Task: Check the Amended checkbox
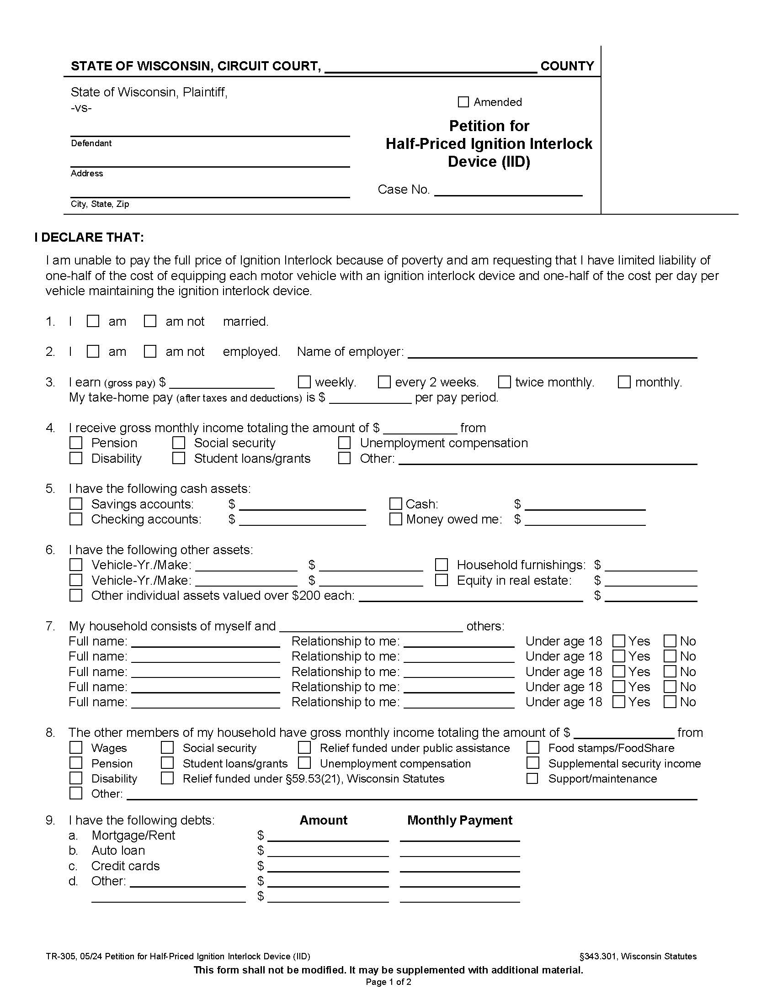463,102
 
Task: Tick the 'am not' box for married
150,321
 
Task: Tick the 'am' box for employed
93,352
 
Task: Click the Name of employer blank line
553,353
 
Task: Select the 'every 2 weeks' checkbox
384,382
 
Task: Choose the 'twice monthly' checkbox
505,382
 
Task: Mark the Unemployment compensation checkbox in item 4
344,443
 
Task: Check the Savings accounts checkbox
76,504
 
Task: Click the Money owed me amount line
585,520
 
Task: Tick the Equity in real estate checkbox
442,580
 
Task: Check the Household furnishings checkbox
442,565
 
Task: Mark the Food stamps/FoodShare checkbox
532,748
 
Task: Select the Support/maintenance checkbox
532,778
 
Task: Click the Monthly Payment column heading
459,820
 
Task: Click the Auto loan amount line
328,852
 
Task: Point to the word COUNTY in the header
567,66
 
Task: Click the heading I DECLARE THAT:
89,238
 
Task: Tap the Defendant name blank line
210,131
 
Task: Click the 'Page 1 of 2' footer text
388,982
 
